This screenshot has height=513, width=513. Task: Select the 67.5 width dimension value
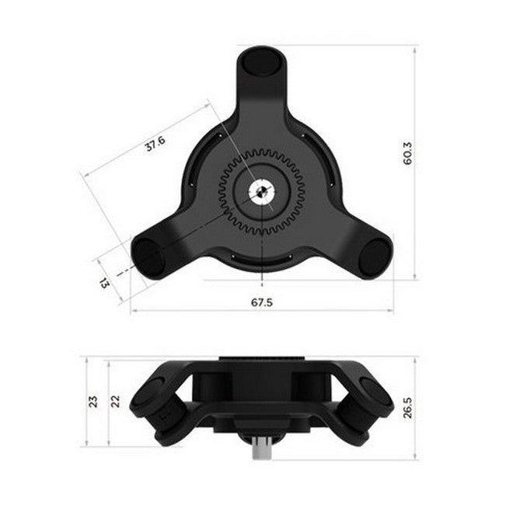262,303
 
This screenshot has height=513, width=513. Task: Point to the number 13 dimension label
105,281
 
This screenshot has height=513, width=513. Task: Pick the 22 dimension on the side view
116,402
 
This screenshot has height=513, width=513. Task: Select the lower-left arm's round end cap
147,255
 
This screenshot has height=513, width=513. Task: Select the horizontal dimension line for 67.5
194,311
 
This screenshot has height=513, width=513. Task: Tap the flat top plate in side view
262,360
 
